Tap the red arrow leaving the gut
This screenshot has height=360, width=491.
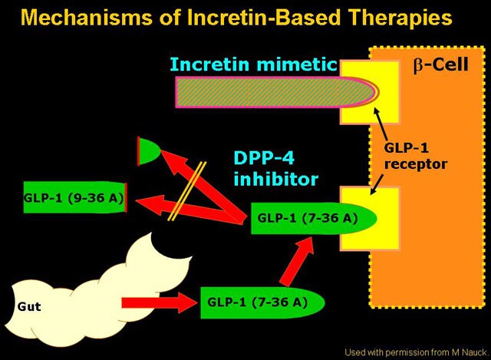[158, 302]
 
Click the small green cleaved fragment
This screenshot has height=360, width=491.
[147, 150]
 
